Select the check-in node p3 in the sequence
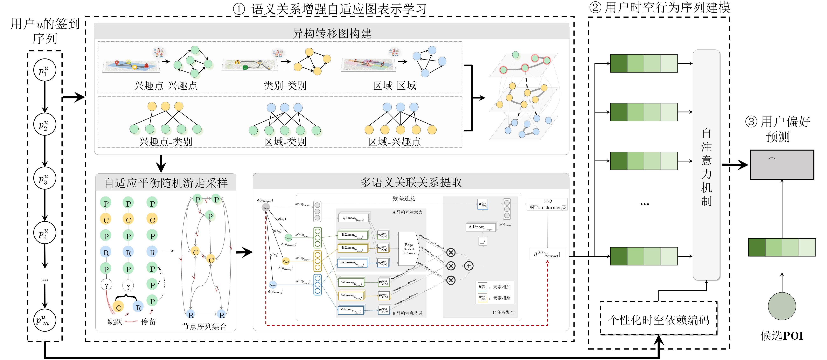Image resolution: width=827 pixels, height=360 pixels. pos(45,178)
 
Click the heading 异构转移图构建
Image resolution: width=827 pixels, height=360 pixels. pos(332,33)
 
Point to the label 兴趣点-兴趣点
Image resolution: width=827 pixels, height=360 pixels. pos(166,85)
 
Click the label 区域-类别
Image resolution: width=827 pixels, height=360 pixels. pos(285,142)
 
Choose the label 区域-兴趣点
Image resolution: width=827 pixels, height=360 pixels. pos(394,142)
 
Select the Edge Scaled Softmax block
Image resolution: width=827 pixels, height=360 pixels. pos(409,249)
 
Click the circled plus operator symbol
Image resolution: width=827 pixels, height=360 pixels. pos(469,266)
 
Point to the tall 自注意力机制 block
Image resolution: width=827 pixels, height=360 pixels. pos(706,165)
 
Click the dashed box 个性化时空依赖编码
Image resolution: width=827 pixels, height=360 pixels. pos(659,320)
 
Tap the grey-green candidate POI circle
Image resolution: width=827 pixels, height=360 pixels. pos(782,306)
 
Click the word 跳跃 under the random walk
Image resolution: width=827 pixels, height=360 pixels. pos(115,321)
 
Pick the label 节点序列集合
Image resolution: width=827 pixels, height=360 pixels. pos(204,326)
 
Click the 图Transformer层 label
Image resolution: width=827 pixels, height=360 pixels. pos(547,207)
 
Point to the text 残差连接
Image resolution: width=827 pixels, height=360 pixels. pos(404,199)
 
